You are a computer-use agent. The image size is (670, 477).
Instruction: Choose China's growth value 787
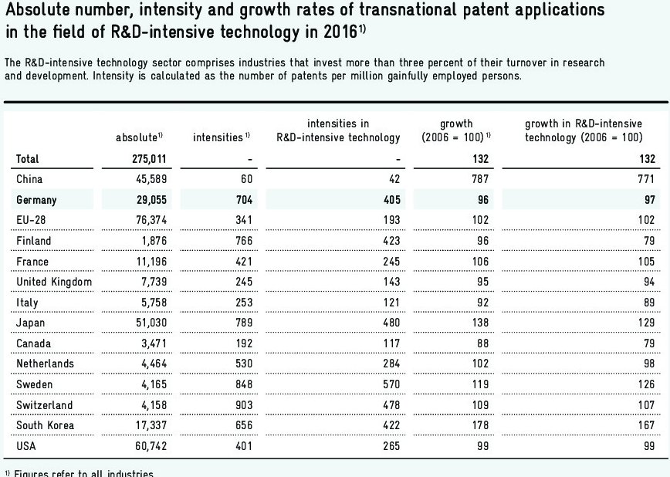tap(480, 179)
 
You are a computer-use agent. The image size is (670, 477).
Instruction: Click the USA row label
tap(27, 447)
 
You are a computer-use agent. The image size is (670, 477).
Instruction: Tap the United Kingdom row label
tap(54, 282)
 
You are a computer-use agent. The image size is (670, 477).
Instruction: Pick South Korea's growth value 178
tap(480, 426)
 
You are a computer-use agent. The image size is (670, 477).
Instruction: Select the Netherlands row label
tap(46, 364)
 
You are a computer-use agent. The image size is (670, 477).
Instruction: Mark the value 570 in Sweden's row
tap(391, 385)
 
